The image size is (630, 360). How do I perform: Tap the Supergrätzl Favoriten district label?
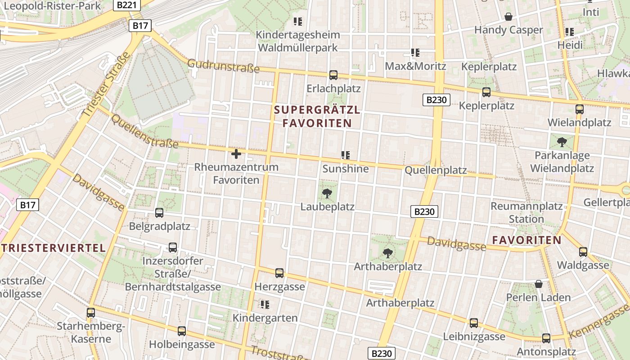click(317, 117)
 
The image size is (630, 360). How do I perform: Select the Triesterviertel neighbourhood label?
click(53, 247)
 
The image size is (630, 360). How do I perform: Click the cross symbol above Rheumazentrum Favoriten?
click(236, 154)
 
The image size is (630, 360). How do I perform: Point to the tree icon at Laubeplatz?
click(327, 194)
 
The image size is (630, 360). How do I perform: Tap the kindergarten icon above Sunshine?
click(346, 155)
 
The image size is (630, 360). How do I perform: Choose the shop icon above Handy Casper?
click(508, 17)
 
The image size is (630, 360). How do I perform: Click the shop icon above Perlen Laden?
click(539, 284)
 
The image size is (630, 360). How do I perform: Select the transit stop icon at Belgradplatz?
click(159, 213)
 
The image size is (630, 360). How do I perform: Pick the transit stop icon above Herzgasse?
click(279, 273)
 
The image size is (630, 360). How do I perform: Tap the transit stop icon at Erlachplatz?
click(333, 75)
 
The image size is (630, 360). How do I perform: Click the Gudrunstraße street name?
click(224, 66)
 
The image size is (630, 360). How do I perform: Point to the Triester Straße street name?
click(107, 85)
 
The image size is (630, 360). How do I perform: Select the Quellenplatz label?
click(436, 171)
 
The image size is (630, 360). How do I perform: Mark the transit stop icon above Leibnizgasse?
click(474, 323)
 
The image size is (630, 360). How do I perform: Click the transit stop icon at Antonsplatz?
click(546, 338)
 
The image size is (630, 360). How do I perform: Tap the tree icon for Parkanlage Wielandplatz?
click(562, 143)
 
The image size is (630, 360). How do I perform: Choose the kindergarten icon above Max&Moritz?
click(415, 53)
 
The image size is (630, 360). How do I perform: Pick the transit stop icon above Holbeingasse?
click(182, 331)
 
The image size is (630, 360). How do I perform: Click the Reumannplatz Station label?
click(526, 213)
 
